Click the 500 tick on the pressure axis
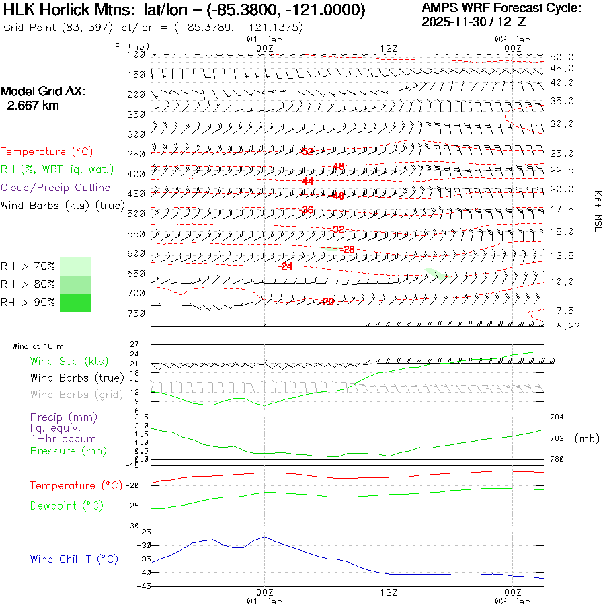(x=136, y=214)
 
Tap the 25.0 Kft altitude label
(x=561, y=153)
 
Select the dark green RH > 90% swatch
(x=75, y=302)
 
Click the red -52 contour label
(x=307, y=151)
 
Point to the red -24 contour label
(x=286, y=266)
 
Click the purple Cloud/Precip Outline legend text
(x=55, y=188)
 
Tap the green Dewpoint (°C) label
(x=67, y=506)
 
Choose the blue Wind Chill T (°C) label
(x=74, y=559)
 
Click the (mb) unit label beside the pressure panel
(x=587, y=438)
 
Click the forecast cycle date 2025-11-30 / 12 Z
(x=474, y=22)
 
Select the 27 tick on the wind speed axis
(x=134, y=344)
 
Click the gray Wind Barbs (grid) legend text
(x=77, y=395)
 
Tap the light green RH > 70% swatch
(x=75, y=266)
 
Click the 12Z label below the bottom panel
(x=389, y=592)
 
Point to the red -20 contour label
(x=328, y=302)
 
